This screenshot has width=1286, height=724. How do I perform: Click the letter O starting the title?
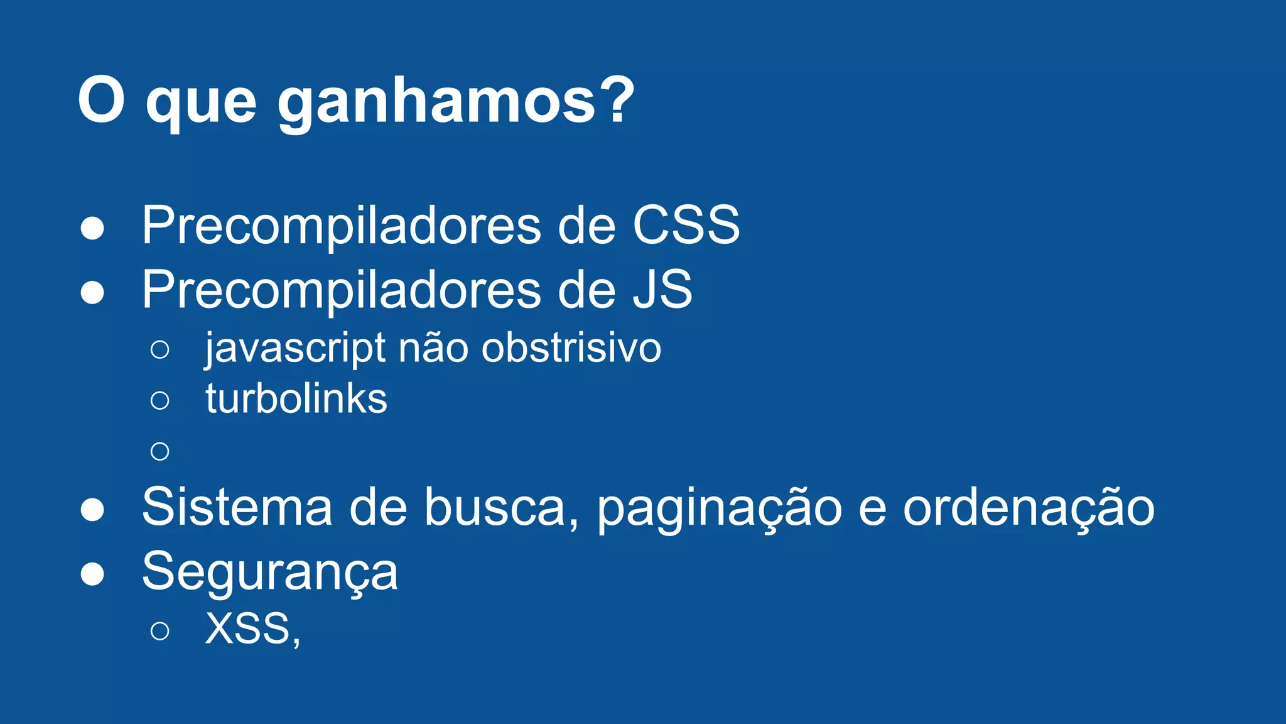[x=101, y=100]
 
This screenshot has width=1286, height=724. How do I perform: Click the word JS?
[x=662, y=289]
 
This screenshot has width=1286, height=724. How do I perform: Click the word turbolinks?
[x=296, y=398]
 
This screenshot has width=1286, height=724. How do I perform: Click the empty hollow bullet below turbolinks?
[x=160, y=451]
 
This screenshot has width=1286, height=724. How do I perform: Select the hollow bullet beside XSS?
[x=160, y=630]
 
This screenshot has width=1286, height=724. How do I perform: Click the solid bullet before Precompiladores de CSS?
[x=92, y=228]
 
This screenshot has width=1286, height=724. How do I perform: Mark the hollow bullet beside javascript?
[x=160, y=349]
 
